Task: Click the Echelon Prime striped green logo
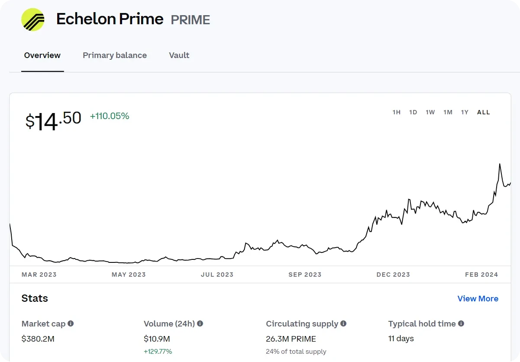[33, 19]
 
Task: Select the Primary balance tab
[115, 55]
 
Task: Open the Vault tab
[179, 55]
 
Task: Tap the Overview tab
[42, 55]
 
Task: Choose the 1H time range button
[397, 112]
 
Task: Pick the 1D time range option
[413, 112]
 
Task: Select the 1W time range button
[430, 112]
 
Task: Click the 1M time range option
[448, 112]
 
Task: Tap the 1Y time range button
[465, 112]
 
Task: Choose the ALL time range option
[484, 112]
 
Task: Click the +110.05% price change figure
[110, 116]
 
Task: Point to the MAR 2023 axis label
[39, 275]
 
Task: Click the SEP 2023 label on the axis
[305, 275]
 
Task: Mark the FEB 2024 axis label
[481, 275]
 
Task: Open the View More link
[478, 299]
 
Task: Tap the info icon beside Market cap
[71, 323]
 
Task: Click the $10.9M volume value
[157, 339]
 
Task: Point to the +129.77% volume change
[158, 352]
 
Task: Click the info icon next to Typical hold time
[461, 323]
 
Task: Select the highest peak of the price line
[500, 164]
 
